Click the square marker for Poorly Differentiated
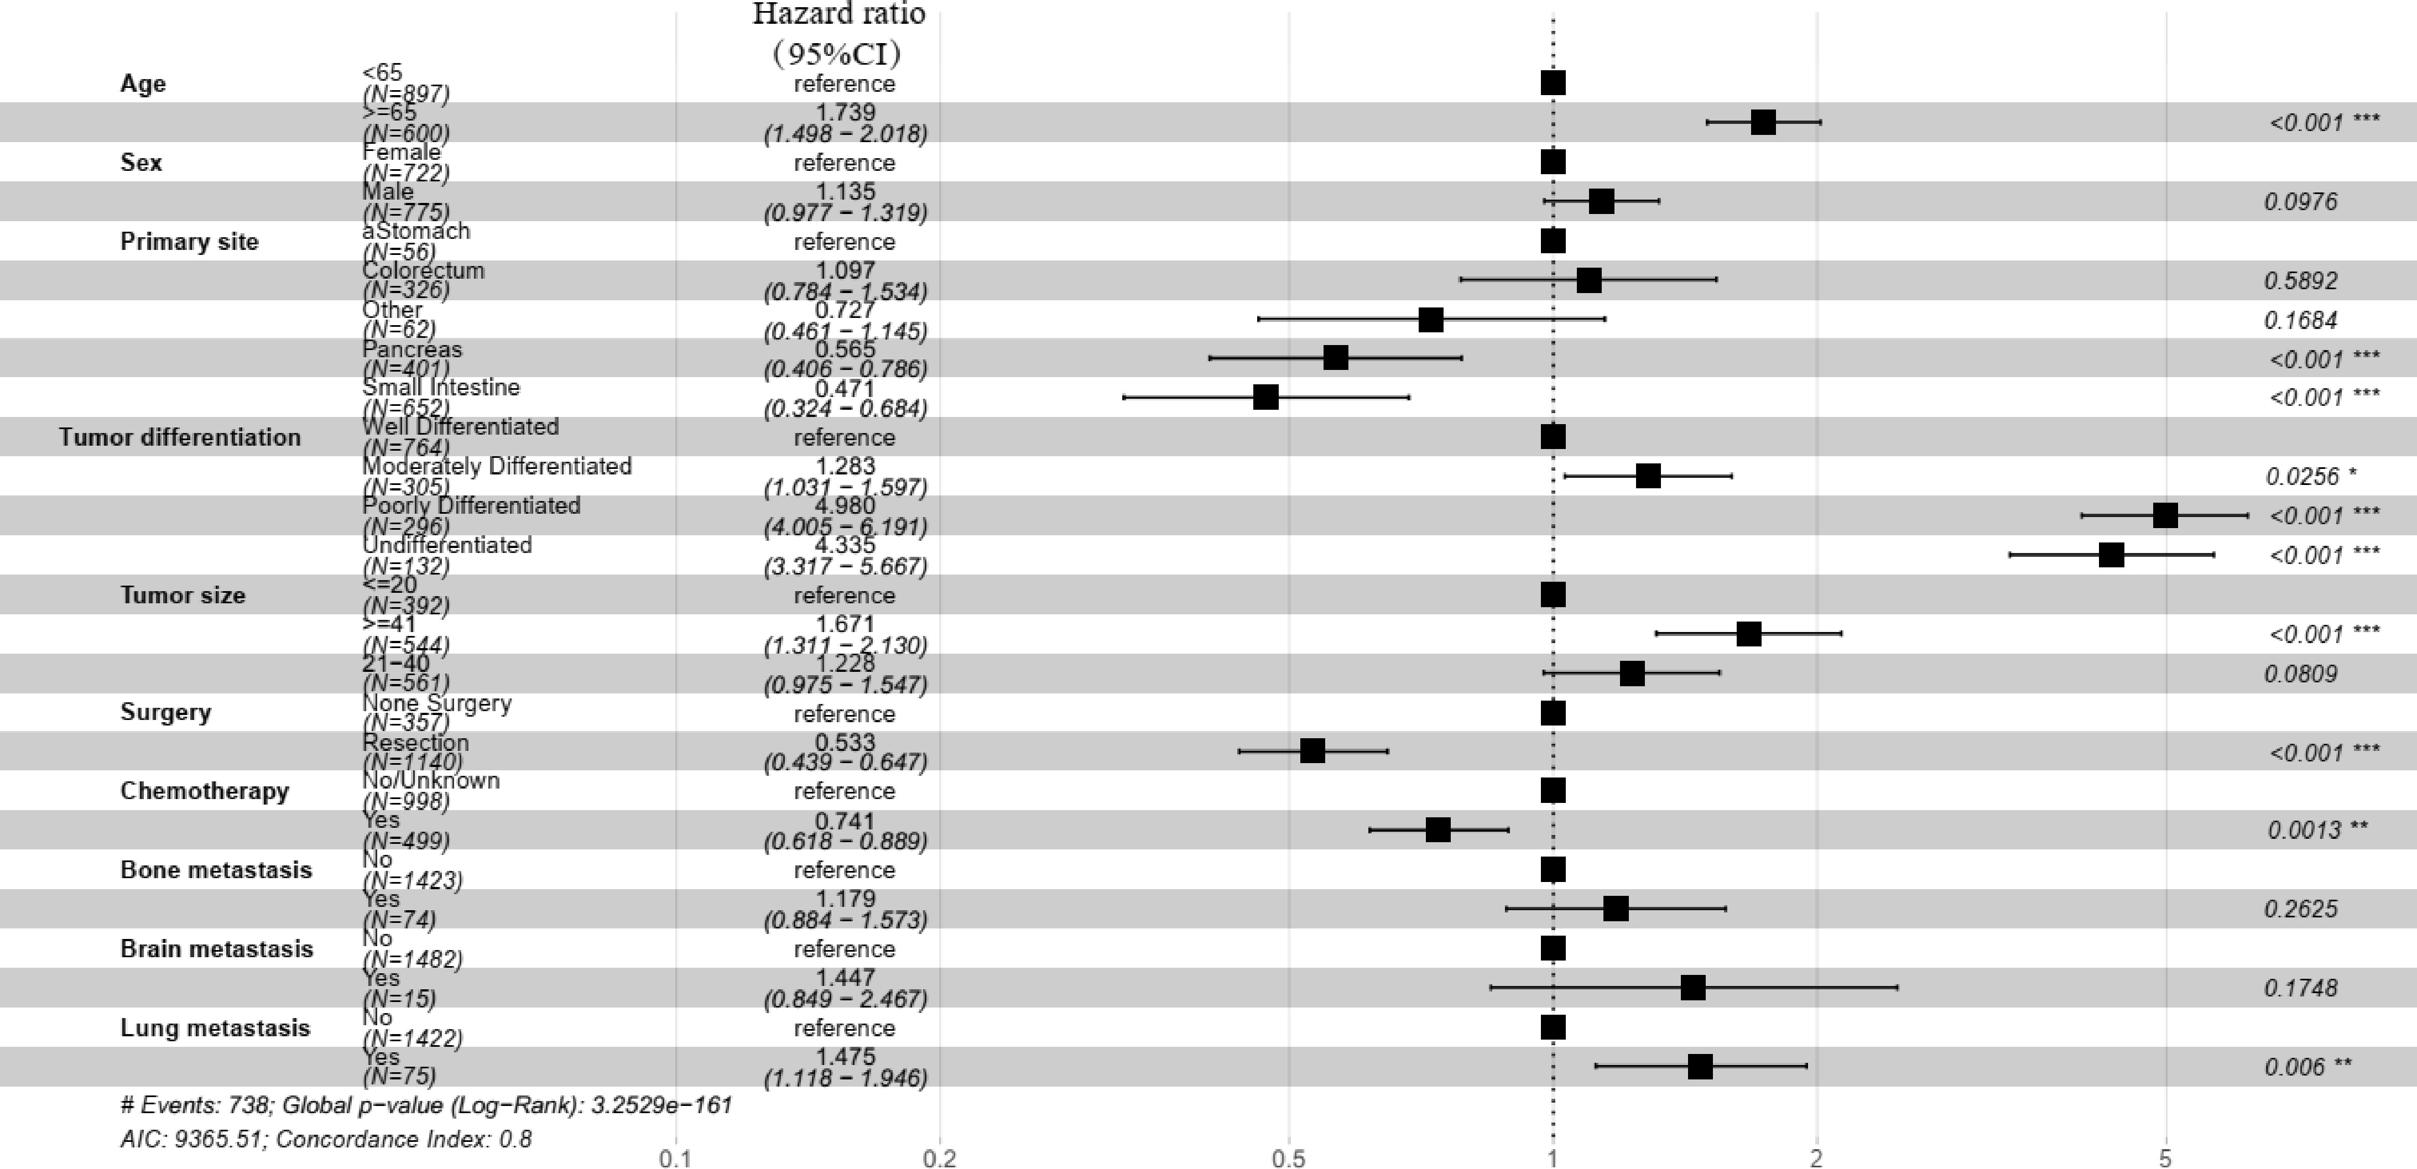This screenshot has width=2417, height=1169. [2165, 515]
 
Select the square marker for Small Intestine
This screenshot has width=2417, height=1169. [1265, 398]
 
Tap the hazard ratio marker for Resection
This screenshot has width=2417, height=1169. [1312, 750]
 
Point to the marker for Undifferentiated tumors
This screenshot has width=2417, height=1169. [2111, 555]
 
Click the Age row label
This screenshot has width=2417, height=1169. [143, 84]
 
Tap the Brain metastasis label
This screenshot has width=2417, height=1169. [217, 948]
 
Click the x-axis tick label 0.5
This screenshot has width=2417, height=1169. [1288, 1158]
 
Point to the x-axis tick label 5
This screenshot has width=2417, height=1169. [2165, 1158]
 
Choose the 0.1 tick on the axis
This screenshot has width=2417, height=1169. [675, 1158]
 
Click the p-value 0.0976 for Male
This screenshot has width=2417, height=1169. [2301, 202]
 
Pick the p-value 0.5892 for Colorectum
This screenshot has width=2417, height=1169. [2301, 280]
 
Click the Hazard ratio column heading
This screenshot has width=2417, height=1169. [839, 14]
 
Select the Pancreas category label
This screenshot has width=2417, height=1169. [412, 349]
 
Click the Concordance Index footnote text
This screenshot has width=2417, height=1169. [403, 1139]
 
